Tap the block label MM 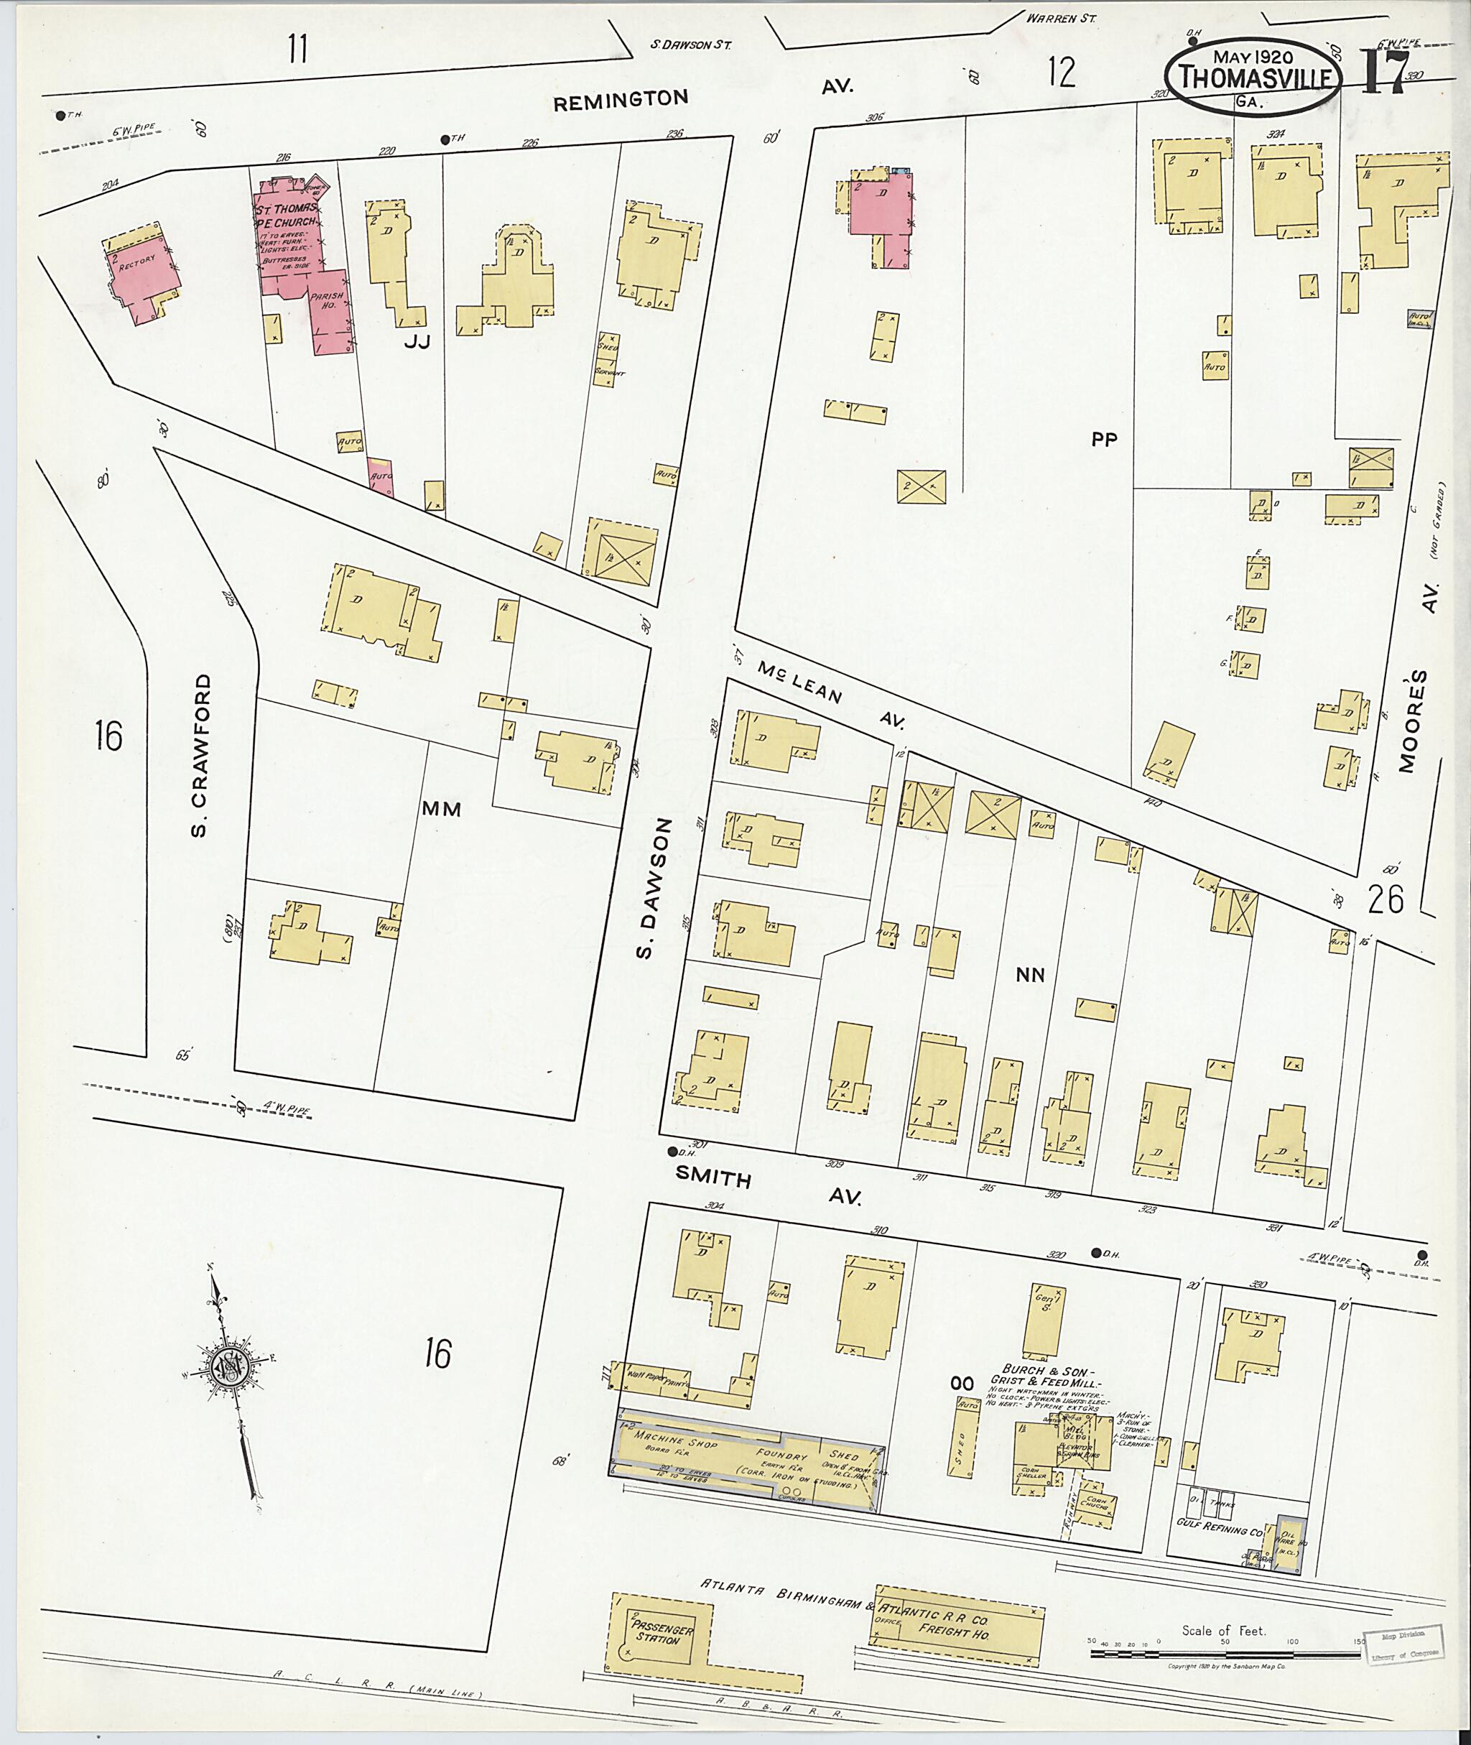(x=441, y=808)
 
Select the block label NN (x=1030, y=974)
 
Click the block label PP (x=1103, y=439)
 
